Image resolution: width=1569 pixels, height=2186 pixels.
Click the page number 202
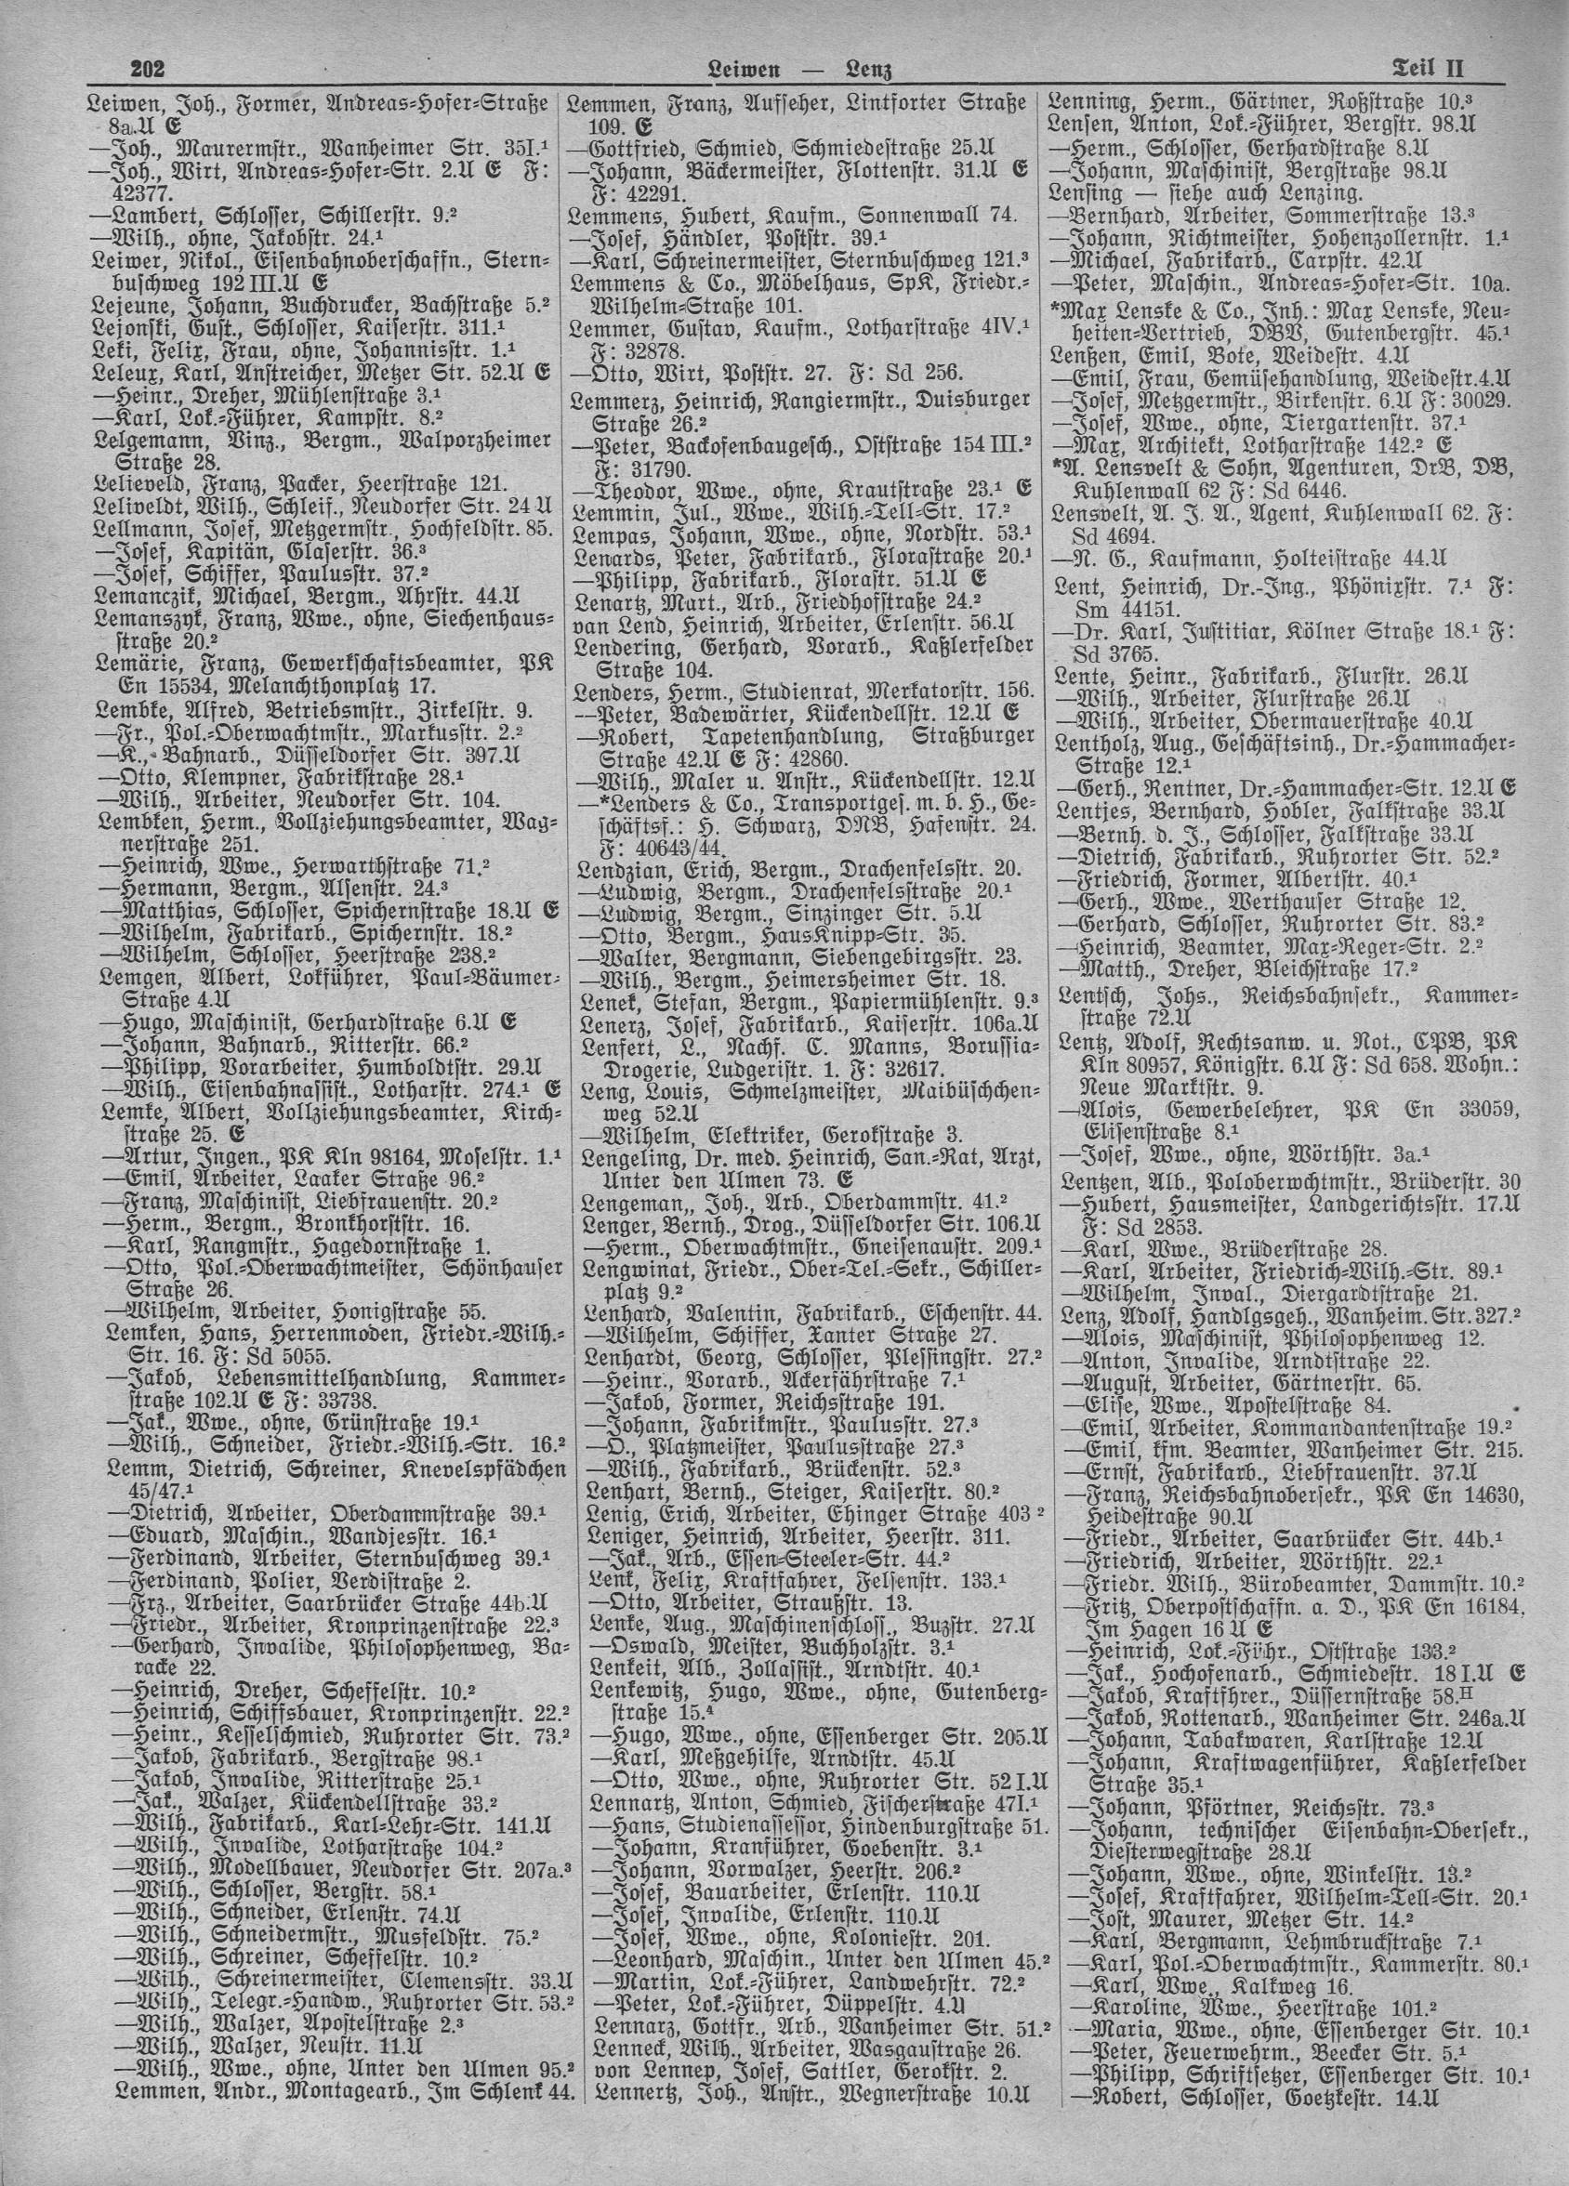point(149,70)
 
